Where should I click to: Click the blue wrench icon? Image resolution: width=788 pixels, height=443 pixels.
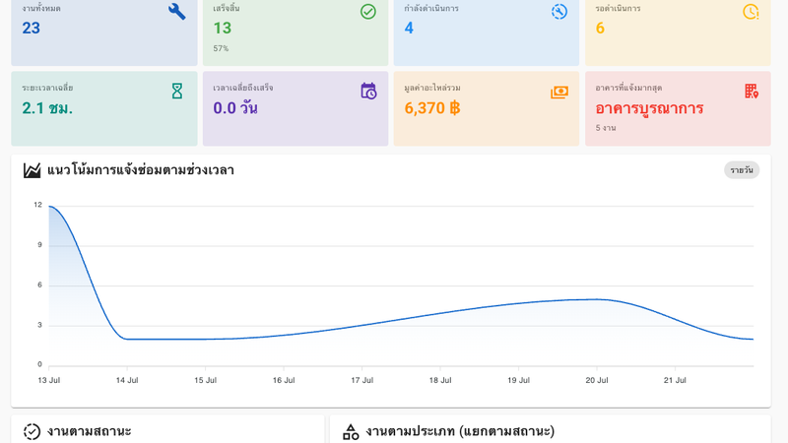click(177, 12)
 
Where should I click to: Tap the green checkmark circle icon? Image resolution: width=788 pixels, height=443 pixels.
click(367, 12)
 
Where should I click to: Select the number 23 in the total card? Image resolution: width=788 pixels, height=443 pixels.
click(32, 29)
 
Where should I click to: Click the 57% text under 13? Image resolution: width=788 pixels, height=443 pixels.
click(221, 48)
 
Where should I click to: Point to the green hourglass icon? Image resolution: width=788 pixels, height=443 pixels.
click(177, 92)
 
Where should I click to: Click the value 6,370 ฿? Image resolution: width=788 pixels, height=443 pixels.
click(432, 108)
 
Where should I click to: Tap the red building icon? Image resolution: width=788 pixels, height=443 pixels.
click(752, 91)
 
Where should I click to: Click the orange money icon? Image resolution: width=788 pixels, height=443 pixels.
click(559, 92)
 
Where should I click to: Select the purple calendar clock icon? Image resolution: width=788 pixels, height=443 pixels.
click(368, 91)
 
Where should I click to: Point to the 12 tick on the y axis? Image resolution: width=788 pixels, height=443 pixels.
click(38, 205)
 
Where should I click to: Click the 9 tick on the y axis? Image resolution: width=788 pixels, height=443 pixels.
click(39, 244)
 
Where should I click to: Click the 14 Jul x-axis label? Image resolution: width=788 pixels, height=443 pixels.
click(127, 380)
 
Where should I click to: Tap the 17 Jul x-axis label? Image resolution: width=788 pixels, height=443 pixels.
click(361, 380)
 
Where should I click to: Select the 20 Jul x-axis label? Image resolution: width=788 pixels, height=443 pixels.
click(597, 380)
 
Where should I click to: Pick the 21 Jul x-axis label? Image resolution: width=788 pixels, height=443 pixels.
click(675, 380)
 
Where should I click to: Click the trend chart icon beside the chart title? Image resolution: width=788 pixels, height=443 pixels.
click(32, 170)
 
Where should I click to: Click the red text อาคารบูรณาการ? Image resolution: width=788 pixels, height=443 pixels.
click(649, 108)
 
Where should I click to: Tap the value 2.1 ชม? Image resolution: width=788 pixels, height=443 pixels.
click(47, 108)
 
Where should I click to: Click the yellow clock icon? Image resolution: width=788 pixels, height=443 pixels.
click(751, 12)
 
